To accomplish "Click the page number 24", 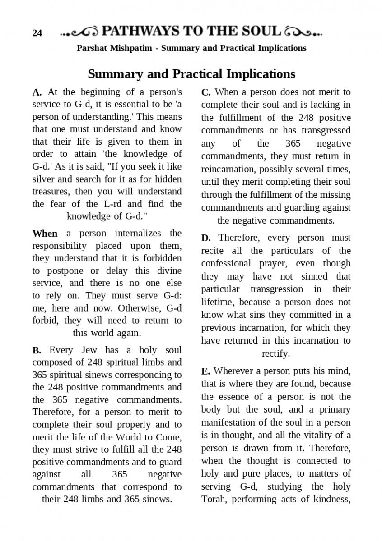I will point(37,33).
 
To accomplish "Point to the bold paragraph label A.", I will point(37,92).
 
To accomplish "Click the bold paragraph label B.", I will point(37,350).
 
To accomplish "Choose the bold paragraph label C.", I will point(206,92).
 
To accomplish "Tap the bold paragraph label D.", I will point(206,238).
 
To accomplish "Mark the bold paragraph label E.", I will point(205,371).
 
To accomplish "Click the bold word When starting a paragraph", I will point(45,234).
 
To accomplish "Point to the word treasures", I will point(50,191).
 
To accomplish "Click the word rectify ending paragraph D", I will point(275,353).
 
